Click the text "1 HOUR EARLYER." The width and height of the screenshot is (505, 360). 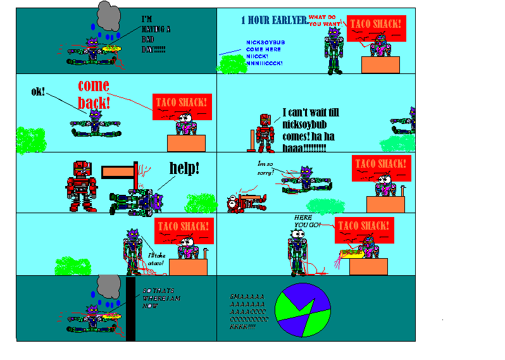(x=273, y=20)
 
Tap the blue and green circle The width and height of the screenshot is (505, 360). (x=302, y=309)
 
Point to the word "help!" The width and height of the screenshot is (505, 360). (x=184, y=168)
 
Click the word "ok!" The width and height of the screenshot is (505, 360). (x=39, y=92)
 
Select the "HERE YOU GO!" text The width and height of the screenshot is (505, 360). (x=308, y=221)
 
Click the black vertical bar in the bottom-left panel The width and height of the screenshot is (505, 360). (x=131, y=309)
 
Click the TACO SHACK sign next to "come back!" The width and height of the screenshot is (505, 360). (x=181, y=102)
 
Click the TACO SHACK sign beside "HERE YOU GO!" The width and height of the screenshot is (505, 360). (x=365, y=227)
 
